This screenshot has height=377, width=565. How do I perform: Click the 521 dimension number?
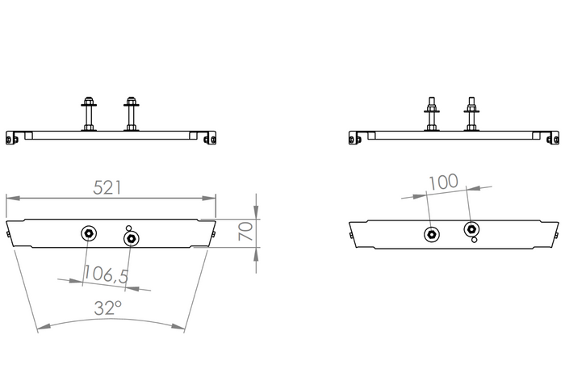(x=107, y=188)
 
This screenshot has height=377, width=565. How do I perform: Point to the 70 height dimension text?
(x=245, y=232)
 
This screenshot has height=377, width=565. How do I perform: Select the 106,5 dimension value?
(x=106, y=274)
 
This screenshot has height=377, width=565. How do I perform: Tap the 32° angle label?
(x=107, y=308)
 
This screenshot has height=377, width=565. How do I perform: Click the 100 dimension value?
(x=443, y=182)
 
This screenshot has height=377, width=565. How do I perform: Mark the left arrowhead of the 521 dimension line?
(x=13, y=198)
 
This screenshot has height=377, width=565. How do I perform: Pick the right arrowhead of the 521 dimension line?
(x=209, y=198)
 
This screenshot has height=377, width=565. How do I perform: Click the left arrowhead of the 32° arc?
(x=44, y=326)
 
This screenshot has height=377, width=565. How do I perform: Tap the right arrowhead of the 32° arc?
(x=178, y=326)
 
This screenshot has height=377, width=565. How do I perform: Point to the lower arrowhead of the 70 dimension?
(x=256, y=254)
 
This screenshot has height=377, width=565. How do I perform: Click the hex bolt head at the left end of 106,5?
(x=89, y=233)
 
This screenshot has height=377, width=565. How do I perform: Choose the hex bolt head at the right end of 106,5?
(x=132, y=238)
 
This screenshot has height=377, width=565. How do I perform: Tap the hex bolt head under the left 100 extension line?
(x=432, y=235)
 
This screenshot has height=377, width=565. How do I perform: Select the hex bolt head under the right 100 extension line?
(x=471, y=229)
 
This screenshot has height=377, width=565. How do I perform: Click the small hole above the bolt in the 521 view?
(x=128, y=228)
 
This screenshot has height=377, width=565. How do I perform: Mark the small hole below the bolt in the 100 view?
(x=475, y=240)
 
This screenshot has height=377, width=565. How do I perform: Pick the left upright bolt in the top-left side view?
(x=89, y=114)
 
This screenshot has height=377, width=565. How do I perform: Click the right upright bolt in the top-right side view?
(x=471, y=114)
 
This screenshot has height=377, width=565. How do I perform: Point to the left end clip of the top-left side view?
(x=12, y=138)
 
